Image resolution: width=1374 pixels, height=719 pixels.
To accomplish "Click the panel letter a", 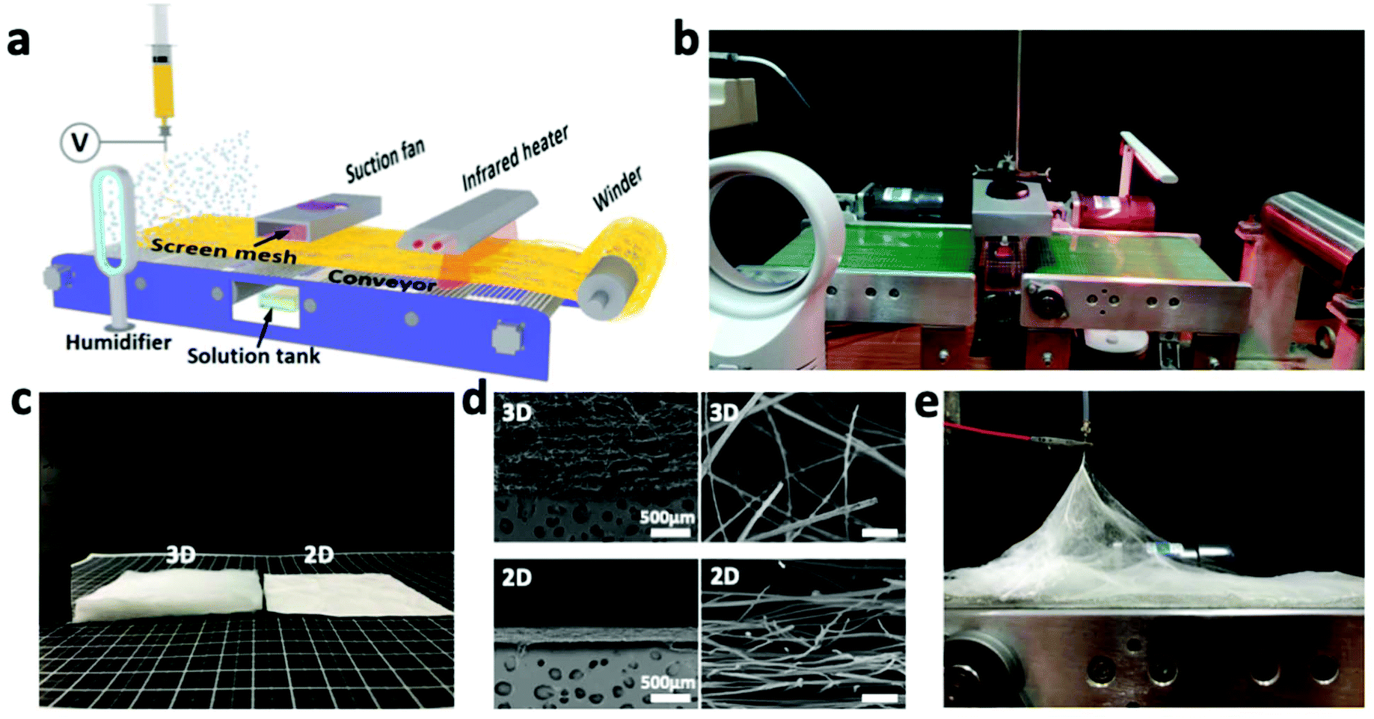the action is click(19, 41).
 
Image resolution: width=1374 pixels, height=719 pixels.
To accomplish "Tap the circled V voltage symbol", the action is click(79, 142).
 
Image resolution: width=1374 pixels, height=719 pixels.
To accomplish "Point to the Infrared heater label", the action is click(515, 158).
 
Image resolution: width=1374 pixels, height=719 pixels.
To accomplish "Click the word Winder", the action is click(617, 189).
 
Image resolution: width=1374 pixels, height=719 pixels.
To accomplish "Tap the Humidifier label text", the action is click(118, 343).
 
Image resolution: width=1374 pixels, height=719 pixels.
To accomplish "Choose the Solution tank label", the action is click(253, 356).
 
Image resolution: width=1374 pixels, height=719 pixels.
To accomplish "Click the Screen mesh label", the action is click(223, 251).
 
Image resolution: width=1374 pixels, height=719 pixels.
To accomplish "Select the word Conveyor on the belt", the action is click(381, 280).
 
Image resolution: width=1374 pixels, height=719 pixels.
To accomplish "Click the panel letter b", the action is click(686, 39).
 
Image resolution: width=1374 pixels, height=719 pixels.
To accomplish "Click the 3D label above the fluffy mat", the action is click(180, 554).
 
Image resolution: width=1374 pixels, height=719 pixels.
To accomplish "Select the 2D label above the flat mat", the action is click(319, 554).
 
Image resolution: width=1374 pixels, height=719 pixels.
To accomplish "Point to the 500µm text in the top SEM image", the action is click(666, 518).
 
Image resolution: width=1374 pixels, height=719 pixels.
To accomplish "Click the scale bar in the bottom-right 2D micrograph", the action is click(880, 698).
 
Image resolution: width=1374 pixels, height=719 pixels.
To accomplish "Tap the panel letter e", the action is click(927, 404).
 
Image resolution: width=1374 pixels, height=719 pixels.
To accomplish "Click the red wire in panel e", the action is click(995, 432).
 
